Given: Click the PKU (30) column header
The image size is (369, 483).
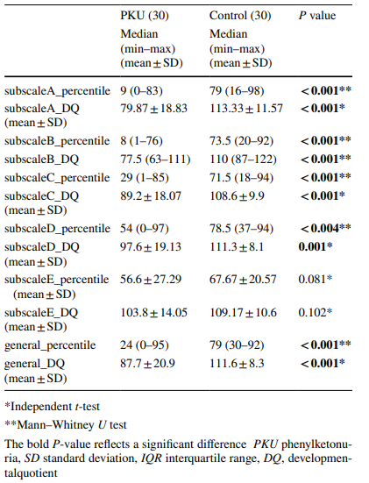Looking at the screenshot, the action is pyautogui.click(x=145, y=16).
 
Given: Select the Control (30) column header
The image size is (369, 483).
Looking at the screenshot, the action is pyautogui.click(x=240, y=16).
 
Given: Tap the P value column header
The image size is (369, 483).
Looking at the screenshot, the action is pyautogui.click(x=317, y=16).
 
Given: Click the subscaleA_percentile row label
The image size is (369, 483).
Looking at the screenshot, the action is pyautogui.click(x=57, y=91).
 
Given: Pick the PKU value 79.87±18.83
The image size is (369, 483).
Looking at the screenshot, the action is pyautogui.click(x=153, y=109).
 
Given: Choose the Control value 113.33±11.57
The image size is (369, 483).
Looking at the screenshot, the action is pyautogui.click(x=246, y=109).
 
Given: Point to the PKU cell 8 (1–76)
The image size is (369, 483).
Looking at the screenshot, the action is pyautogui.click(x=141, y=141).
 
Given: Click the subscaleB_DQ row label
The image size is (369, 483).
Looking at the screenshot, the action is pyautogui.click(x=41, y=160).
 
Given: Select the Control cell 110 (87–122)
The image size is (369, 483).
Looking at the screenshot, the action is pyautogui.click(x=243, y=160).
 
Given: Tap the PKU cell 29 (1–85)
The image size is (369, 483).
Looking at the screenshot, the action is pyautogui.click(x=145, y=178).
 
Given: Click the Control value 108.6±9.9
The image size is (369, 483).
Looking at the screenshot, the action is pyautogui.click(x=237, y=195).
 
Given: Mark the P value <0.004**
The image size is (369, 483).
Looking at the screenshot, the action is pyautogui.click(x=325, y=228).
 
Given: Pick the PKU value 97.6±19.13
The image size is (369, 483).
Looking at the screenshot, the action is pyautogui.click(x=151, y=246).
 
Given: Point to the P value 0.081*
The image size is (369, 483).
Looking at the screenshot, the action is pyautogui.click(x=316, y=279).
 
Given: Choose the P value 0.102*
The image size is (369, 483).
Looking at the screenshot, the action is pyautogui.click(x=316, y=312).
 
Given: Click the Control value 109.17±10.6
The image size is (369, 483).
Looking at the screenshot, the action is pyautogui.click(x=243, y=312).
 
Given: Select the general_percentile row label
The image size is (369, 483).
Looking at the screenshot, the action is pyautogui.click(x=50, y=345).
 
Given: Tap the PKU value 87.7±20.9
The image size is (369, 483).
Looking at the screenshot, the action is pyautogui.click(x=147, y=364).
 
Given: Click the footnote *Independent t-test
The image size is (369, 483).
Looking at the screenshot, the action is pyautogui.click(x=52, y=407).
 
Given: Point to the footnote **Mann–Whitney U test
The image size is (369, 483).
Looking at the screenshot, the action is pyautogui.click(x=66, y=425).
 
